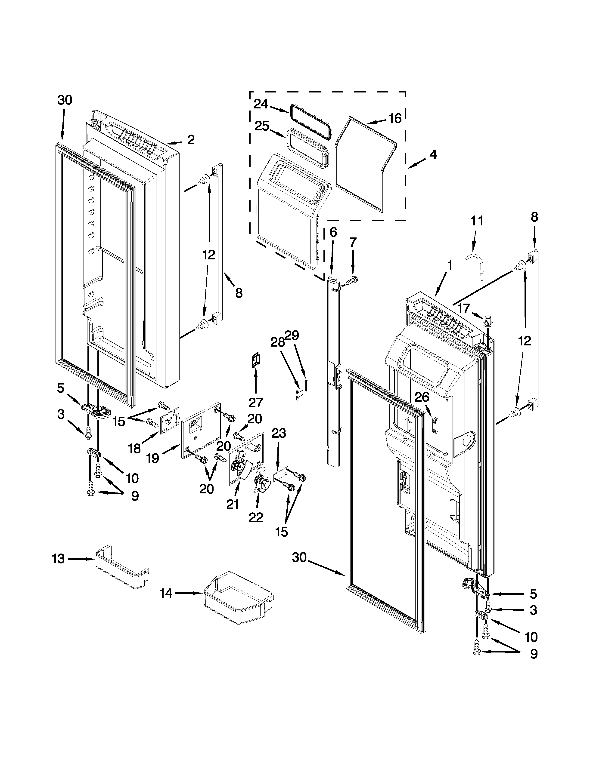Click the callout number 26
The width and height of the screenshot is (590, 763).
click(422, 397)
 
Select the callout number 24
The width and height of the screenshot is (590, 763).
click(261, 104)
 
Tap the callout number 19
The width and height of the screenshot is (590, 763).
click(152, 458)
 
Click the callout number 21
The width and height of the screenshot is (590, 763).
click(233, 504)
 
